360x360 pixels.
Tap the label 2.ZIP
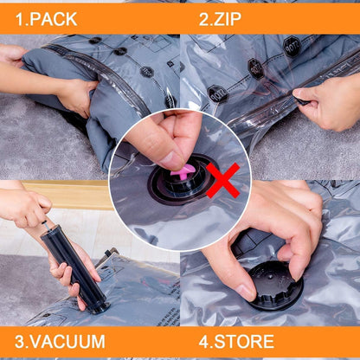coord(222,17)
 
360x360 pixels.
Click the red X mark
coord(222,180)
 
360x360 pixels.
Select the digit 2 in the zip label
coord(204,17)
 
